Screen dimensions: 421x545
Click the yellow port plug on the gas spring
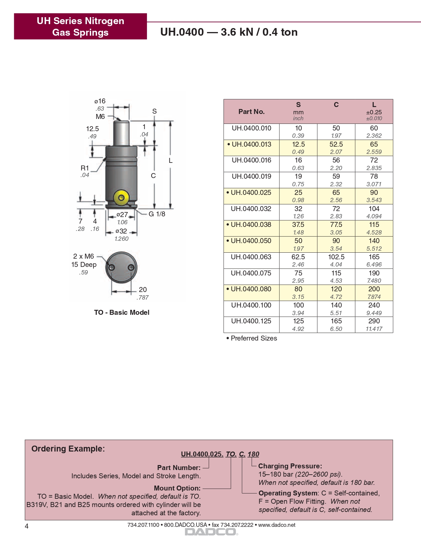coord(121,198)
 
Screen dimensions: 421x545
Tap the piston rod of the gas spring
coord(122,133)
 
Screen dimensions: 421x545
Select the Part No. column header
coord(252,112)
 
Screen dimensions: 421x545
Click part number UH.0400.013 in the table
coord(252,144)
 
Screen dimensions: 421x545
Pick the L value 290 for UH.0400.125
coord(374,321)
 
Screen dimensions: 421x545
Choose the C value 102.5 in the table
coord(336,257)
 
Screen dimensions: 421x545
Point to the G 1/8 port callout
coord(157,214)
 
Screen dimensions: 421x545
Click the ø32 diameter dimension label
coord(122,231)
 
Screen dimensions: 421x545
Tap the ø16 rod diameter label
coord(100,101)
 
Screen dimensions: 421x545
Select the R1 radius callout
coord(85,168)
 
